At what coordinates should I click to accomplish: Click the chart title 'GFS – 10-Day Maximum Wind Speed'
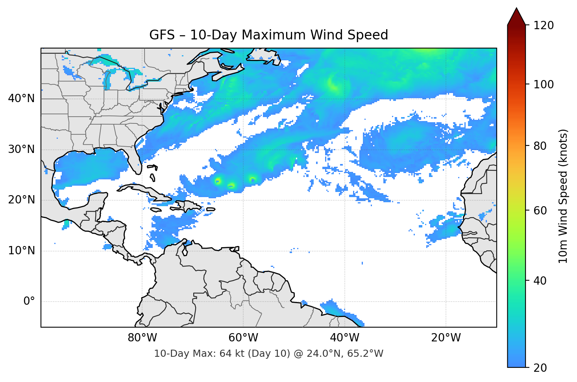(268, 35)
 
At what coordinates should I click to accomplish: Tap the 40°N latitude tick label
(21, 98)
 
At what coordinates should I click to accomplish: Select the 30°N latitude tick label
(21, 149)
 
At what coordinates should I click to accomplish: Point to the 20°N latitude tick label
(21, 200)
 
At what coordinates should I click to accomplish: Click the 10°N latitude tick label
(21, 251)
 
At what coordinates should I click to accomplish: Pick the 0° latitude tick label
(29, 302)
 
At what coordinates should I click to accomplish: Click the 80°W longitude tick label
(142, 338)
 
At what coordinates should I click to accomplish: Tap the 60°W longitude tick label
(243, 338)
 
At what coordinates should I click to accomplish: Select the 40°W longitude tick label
(344, 338)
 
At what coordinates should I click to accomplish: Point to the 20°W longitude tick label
(446, 338)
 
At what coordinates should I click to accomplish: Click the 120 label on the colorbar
(544, 26)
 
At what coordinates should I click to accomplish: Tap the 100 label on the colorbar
(544, 84)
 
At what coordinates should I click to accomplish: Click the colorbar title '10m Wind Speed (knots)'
(563, 196)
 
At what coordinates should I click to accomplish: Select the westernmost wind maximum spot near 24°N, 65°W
(218, 181)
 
